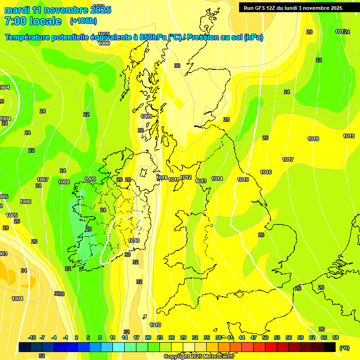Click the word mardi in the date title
pos(17,9)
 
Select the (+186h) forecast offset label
pos(83,21)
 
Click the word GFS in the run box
pos(263,8)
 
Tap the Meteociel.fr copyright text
pos(199,357)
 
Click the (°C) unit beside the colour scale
pos(345,348)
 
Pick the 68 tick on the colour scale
pos(336,337)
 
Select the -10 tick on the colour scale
pos(32,337)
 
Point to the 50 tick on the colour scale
pos(265,337)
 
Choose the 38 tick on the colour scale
pos(218,337)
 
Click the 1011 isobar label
pos(174,180)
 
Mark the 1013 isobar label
pos(201,181)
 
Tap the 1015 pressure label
pos(242,180)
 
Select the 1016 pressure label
pos(266,172)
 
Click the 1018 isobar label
pos(313,139)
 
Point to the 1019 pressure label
pos(348,136)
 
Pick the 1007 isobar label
pos(43,180)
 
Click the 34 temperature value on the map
pos(24,270)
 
